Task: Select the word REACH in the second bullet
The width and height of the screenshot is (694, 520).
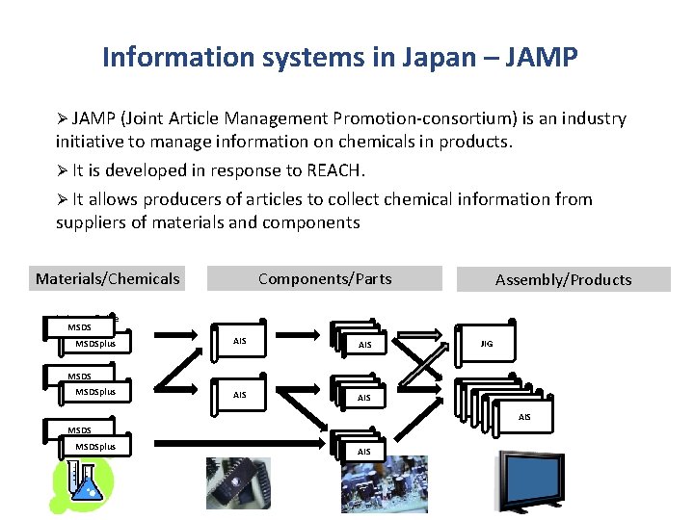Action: (331, 170)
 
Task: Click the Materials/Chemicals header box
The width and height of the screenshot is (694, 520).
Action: (107, 278)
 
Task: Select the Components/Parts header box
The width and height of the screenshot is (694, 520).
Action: (325, 278)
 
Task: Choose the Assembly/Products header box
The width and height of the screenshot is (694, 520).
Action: (563, 279)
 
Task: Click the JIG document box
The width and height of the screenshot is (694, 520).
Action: (487, 343)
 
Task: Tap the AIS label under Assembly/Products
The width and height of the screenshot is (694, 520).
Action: (524, 417)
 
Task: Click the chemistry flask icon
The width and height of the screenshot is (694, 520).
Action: (81, 485)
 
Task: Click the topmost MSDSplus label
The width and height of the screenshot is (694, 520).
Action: (95, 343)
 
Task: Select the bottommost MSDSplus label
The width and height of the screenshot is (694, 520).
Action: (95, 447)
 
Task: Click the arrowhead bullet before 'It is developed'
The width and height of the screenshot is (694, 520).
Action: (62, 170)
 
